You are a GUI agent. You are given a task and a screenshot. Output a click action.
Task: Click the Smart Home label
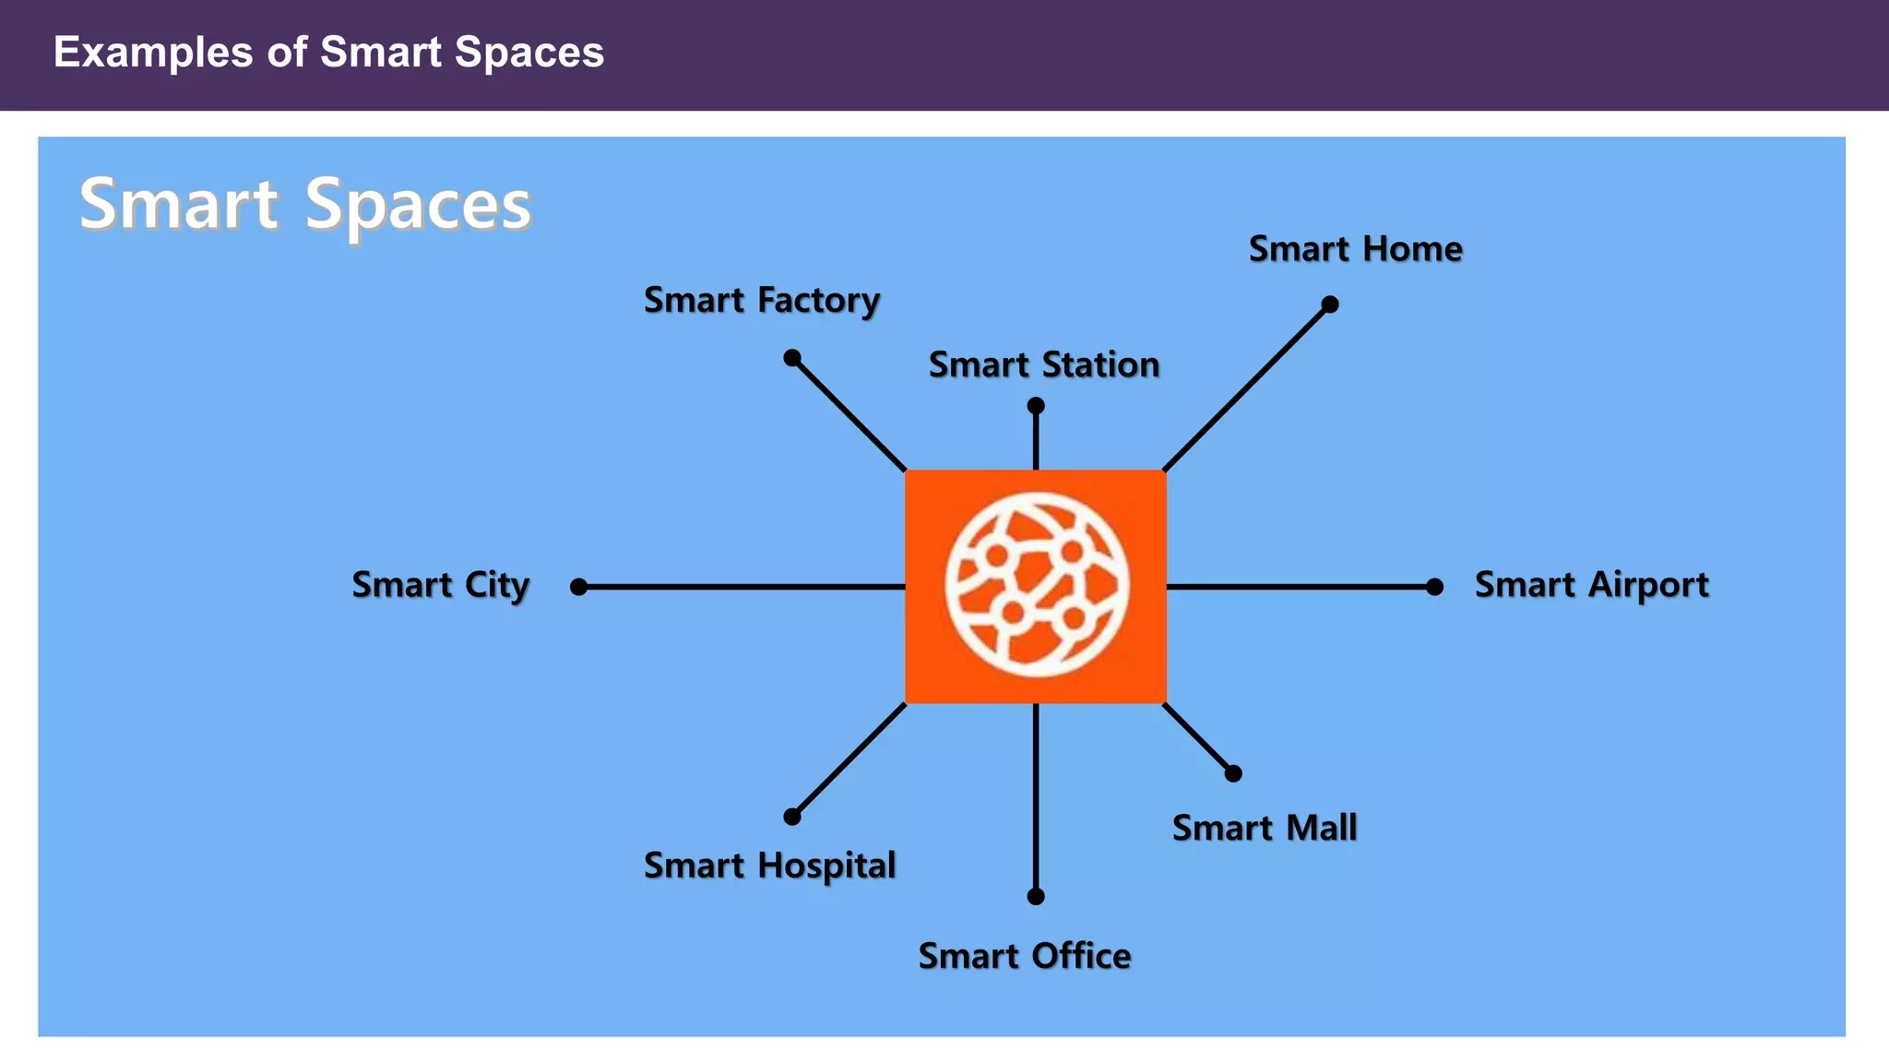pyautogui.click(x=1355, y=249)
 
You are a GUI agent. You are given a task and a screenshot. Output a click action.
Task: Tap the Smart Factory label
pyautogui.click(x=762, y=301)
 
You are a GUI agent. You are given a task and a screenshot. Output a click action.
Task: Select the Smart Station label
pyautogui.click(x=1043, y=365)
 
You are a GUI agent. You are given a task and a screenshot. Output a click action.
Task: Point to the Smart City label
pyautogui.click(x=441, y=585)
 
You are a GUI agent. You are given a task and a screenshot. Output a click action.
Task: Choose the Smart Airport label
pyautogui.click(x=1591, y=585)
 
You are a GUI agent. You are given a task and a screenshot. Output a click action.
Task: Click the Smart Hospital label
pyautogui.click(x=769, y=866)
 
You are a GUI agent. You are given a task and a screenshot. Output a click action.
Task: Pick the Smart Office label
pyautogui.click(x=1024, y=956)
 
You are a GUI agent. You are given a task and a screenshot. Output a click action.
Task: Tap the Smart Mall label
pyautogui.click(x=1264, y=828)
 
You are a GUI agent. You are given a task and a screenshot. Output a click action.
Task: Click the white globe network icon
pyautogui.click(x=1036, y=585)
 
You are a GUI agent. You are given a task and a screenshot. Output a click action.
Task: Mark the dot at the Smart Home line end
pyautogui.click(x=1329, y=305)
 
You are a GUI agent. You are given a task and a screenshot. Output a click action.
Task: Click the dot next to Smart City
pyautogui.click(x=578, y=587)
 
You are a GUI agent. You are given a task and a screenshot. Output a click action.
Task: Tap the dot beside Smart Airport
pyautogui.click(x=1434, y=587)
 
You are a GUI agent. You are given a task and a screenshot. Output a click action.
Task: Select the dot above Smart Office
pyautogui.click(x=1036, y=896)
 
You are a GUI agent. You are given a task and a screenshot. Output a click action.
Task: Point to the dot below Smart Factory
pyautogui.click(x=791, y=358)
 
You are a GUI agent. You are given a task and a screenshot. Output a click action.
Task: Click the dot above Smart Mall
pyautogui.click(x=1233, y=773)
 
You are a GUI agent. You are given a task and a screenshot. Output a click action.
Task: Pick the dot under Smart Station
pyautogui.click(x=1036, y=406)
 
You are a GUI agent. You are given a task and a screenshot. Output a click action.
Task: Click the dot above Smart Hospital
pyautogui.click(x=791, y=817)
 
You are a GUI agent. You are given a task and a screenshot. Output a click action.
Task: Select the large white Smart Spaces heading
pyautogui.click(x=305, y=204)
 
